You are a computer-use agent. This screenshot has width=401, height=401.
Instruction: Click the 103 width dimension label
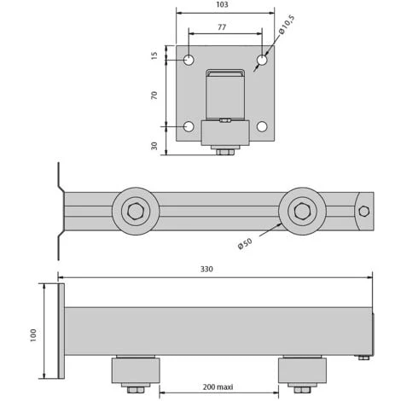(222, 4)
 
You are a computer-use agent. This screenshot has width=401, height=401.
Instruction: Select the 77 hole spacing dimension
(222, 27)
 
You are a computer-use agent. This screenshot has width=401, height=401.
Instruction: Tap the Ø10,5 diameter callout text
(287, 25)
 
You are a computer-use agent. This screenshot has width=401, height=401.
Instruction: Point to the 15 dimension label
(154, 55)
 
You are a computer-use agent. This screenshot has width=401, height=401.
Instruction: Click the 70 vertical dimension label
(154, 95)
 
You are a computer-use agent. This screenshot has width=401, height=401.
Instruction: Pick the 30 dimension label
(154, 146)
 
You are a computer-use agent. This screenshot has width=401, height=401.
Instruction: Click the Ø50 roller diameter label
(245, 244)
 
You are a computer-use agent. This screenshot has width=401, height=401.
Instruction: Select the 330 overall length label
(206, 269)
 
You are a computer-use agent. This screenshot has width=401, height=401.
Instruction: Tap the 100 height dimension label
(33, 335)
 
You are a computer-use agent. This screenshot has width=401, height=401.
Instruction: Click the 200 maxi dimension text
(218, 386)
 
